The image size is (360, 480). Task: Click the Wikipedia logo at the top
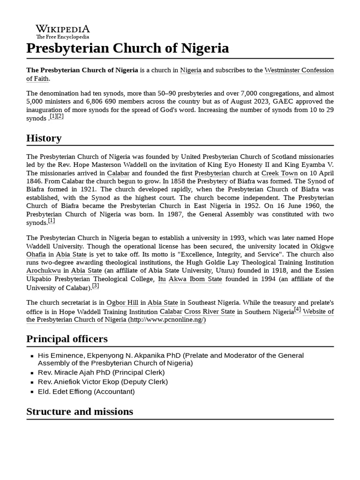click(63, 31)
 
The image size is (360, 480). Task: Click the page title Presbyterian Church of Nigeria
click(127, 48)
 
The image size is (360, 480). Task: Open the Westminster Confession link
click(299, 70)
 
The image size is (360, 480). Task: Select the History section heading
click(44, 138)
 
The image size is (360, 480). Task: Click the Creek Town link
click(279, 173)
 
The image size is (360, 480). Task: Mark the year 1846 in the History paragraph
click(35, 181)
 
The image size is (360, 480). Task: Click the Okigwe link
click(322, 247)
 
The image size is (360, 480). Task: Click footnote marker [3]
click(95, 286)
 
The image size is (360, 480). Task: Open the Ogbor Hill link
click(122, 303)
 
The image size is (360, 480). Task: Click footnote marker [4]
click(297, 310)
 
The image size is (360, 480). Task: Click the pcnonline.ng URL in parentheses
click(167, 320)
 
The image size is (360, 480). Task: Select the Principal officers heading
click(67, 339)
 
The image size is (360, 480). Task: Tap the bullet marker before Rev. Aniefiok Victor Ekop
click(30, 382)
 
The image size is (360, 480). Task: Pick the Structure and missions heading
click(80, 412)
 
